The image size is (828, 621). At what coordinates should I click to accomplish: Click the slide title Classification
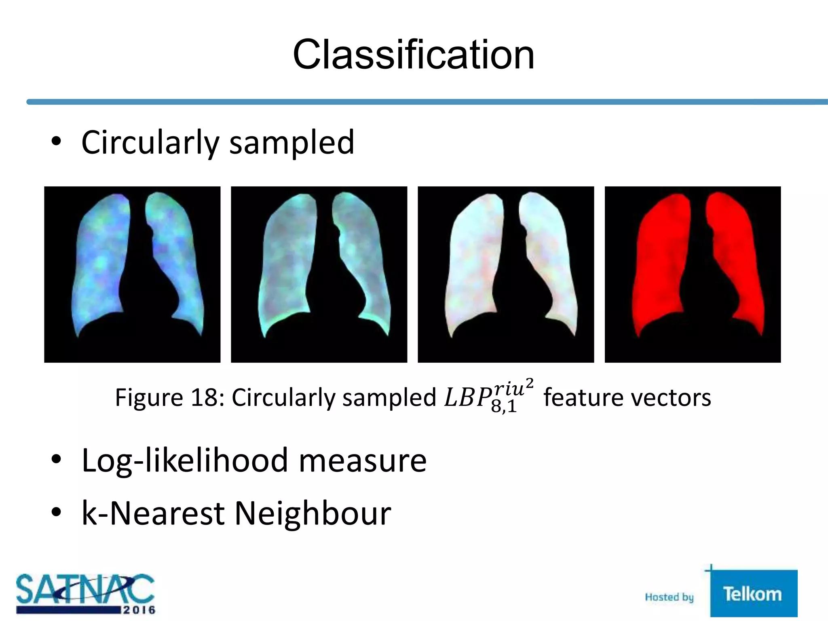[x=414, y=55]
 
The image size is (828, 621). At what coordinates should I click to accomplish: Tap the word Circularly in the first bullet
[x=150, y=143]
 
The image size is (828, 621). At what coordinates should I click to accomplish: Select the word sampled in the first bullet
[x=291, y=143]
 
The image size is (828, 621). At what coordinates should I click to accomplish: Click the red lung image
[x=693, y=274]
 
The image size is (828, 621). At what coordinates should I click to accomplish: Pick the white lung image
[x=506, y=274]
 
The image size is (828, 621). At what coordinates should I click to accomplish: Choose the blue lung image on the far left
[x=132, y=274]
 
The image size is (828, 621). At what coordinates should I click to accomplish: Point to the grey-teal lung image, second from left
[x=319, y=274]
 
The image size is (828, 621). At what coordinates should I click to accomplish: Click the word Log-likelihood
[x=185, y=461]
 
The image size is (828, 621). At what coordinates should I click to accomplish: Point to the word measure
[x=362, y=461]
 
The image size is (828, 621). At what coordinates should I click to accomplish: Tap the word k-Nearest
[x=153, y=514]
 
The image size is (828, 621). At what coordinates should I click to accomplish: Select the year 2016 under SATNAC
[x=139, y=610]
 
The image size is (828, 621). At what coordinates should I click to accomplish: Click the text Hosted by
[x=669, y=597]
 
